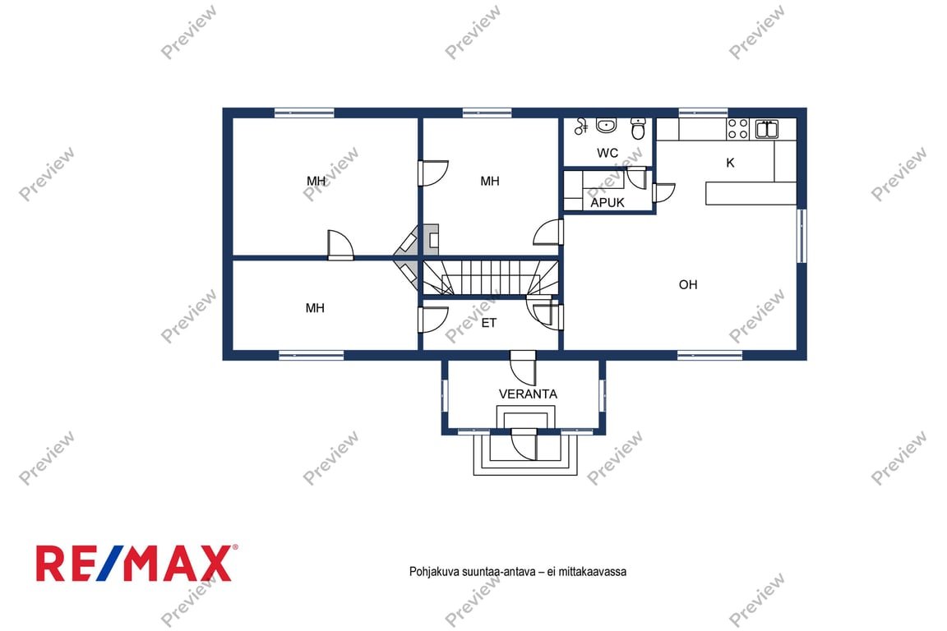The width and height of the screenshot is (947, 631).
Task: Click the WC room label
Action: point(607,153)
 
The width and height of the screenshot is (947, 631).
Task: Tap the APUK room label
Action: point(607,203)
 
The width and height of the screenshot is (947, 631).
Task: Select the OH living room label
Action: point(688,284)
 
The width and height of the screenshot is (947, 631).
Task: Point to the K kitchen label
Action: point(730,163)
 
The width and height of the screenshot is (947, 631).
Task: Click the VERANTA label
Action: point(528,394)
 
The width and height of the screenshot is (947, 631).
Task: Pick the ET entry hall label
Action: point(488,323)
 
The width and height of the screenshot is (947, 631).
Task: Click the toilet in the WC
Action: point(639,128)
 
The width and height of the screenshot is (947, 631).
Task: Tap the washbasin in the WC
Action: point(606,125)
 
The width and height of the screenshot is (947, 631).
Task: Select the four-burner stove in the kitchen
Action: point(737,129)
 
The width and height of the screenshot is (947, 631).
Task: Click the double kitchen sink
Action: point(767,129)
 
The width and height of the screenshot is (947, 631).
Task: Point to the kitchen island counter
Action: point(751,193)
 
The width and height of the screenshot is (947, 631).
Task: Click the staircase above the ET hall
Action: point(490,277)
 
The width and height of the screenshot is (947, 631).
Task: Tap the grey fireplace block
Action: point(431,239)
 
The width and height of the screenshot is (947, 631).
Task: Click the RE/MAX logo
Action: point(136,563)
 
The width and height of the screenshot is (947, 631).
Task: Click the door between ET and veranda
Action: point(523,368)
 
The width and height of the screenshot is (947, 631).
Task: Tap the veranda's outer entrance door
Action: point(524,445)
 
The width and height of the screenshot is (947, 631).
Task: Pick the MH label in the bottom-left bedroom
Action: point(315,308)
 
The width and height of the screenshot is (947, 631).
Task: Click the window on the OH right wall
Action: point(801,236)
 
